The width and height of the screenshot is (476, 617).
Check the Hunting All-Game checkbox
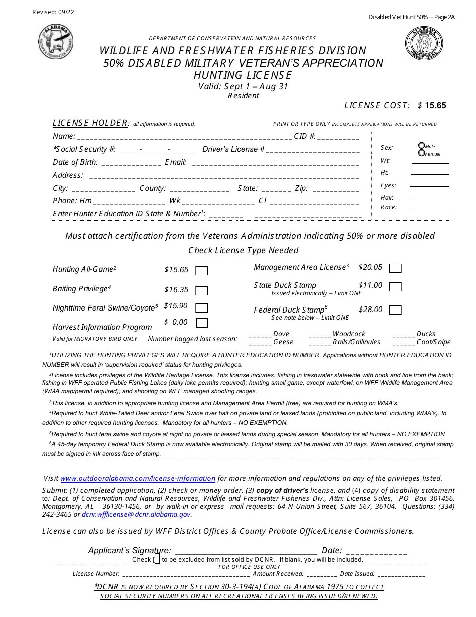tap(202, 271)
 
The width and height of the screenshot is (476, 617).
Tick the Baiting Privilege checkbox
tap(202, 290)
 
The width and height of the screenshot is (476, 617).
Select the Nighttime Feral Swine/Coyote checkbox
tap(202, 308)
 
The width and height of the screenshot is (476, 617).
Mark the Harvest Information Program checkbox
tap(202, 323)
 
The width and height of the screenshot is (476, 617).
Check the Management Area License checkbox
tap(395, 268)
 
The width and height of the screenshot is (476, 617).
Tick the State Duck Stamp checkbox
tap(395, 287)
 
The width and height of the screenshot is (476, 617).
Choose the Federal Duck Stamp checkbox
tap(395, 310)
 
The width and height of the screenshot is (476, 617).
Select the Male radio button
tap(421, 146)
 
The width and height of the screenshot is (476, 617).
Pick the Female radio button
tap(421, 153)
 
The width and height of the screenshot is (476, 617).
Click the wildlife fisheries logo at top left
tap(56, 41)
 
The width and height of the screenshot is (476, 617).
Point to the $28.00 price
tap(370, 310)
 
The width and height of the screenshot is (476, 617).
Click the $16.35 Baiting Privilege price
tap(176, 290)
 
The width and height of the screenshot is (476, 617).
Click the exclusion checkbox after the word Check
tap(157, 559)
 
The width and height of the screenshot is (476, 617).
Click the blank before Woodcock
tap(320, 334)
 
